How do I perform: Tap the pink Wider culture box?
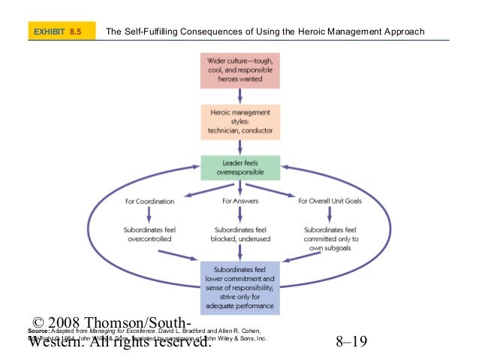239,70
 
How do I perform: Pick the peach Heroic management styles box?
239,121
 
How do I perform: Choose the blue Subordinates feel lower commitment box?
239,287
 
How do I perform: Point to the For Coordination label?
150,201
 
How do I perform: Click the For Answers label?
239,201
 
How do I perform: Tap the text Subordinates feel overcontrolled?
150,234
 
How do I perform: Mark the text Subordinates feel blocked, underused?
239,234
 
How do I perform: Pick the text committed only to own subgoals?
330,238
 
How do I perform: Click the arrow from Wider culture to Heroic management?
239,96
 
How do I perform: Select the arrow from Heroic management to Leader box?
239,147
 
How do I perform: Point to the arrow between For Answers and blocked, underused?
239,215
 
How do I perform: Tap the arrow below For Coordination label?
150,215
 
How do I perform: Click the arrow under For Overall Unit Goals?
330,215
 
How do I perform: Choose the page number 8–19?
351,343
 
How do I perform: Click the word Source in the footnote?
37,331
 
